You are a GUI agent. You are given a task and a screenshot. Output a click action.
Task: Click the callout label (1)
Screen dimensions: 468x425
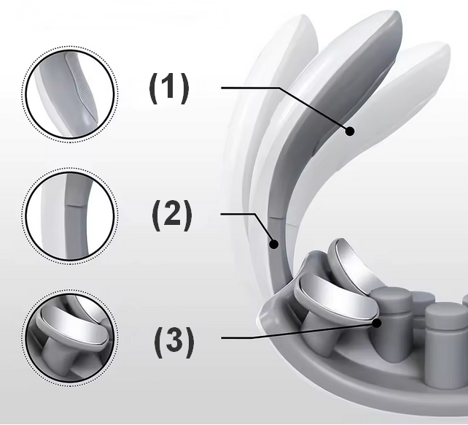[x=169, y=88]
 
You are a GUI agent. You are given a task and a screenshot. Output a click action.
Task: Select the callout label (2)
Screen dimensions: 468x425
[x=172, y=215]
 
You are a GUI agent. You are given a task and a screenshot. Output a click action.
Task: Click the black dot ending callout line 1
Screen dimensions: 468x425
[x=350, y=131]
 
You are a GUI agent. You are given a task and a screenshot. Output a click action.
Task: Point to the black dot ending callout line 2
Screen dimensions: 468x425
[x=274, y=244]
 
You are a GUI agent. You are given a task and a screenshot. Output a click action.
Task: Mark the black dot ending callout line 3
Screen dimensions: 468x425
[x=377, y=323]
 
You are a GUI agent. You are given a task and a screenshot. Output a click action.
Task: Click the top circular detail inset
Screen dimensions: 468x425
[x=70, y=94]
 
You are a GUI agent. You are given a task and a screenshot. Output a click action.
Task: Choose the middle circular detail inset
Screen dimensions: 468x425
[x=70, y=216]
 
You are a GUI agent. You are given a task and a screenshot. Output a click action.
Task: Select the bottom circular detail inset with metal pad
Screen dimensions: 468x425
[x=70, y=338]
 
